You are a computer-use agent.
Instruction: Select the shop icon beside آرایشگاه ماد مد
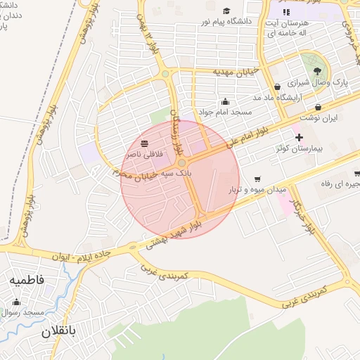click(x=278, y=87)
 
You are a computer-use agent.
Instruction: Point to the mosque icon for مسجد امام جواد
click(x=225, y=101)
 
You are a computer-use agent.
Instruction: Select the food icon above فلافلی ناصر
click(x=145, y=143)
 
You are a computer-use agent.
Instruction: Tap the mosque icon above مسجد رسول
click(x=16, y=302)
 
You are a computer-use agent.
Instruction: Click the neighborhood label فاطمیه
click(x=27, y=280)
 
